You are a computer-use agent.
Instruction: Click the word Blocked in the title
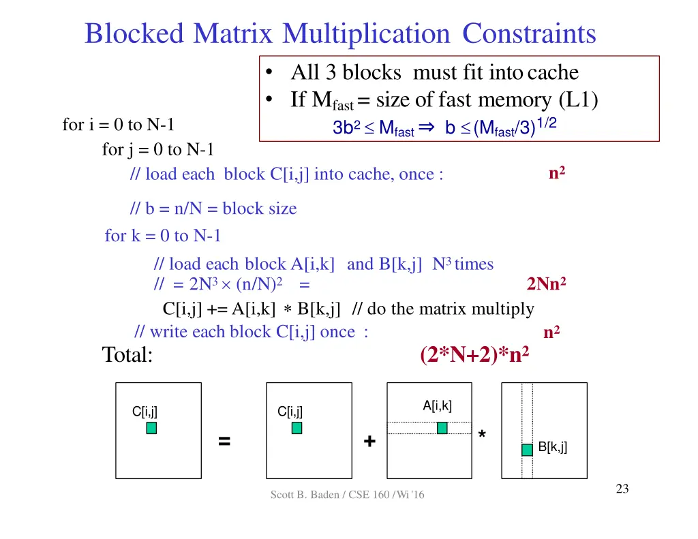pos(134,33)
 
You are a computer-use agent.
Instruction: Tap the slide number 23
pos(622,489)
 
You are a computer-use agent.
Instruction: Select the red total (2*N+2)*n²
pos(475,355)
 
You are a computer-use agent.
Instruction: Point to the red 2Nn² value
pos(547,283)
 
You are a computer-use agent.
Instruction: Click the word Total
pos(127,355)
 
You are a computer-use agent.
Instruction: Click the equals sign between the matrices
pos(224,442)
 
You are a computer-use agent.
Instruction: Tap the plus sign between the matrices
pos(369,442)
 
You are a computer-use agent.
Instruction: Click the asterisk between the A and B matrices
pos(483,435)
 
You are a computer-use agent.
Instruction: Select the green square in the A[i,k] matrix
pos(442,428)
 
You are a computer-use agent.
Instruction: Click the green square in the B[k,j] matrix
pos(527,450)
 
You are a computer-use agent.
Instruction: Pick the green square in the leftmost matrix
pos(151,428)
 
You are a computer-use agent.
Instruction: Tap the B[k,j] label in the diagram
pos(552,447)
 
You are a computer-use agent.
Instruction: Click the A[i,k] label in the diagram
pos(437,406)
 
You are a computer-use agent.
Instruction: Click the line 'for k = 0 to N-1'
pos(163,236)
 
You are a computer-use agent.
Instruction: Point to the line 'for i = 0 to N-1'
pos(119,125)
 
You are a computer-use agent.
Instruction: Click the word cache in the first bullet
pos(553,72)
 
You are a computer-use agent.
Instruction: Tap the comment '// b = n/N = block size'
pos(213,209)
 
